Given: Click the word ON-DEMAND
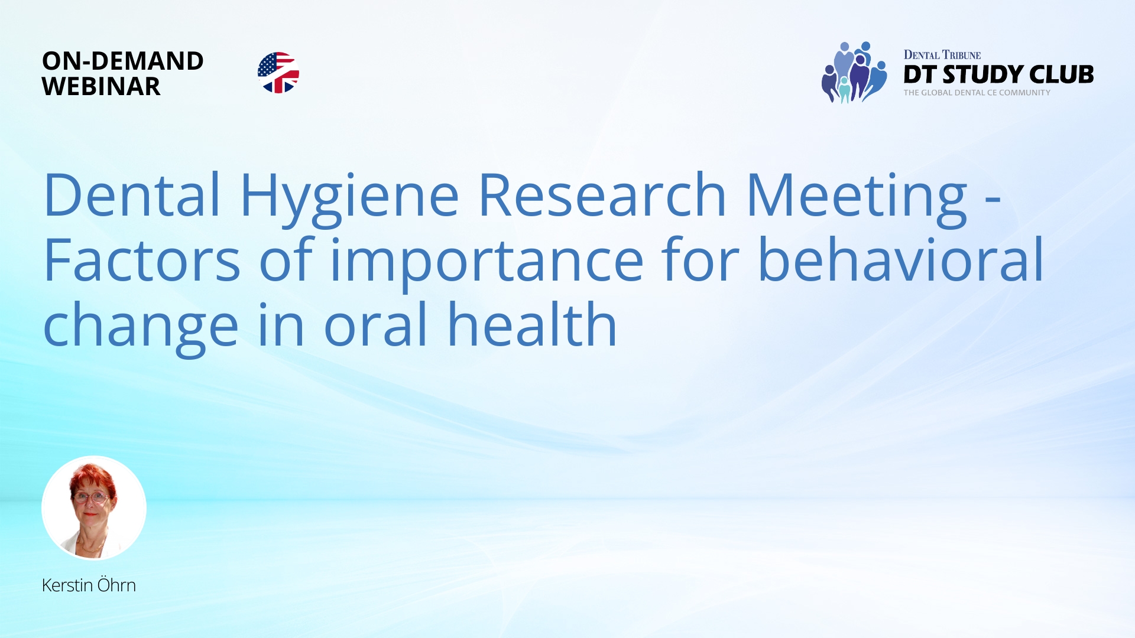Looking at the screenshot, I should click(x=122, y=61).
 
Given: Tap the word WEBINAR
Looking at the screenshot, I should click(x=101, y=87).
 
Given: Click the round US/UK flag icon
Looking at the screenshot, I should click(x=278, y=73).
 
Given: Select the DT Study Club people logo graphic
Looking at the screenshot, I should click(x=854, y=73).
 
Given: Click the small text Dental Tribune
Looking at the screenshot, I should click(x=942, y=55).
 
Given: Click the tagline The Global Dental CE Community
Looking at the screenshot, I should click(x=977, y=93).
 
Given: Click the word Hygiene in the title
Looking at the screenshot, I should click(x=349, y=196).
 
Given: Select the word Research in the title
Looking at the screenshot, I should click(x=602, y=194).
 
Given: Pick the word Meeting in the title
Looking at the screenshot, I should click(x=857, y=196).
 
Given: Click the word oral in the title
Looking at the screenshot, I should click(x=375, y=324).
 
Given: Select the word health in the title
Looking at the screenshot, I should click(x=532, y=324).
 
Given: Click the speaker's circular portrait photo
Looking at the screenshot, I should click(x=94, y=508).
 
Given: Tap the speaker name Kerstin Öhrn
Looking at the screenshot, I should click(x=89, y=585).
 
